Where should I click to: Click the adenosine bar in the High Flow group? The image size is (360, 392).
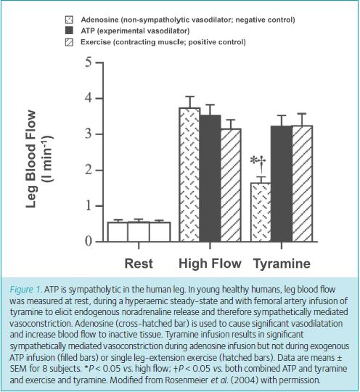pyautogui.click(x=189, y=175)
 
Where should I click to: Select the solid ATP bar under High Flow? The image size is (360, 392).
pyautogui.click(x=210, y=179)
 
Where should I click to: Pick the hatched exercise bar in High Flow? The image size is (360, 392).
pyautogui.click(x=231, y=185)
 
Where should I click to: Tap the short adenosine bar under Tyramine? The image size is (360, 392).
pyautogui.click(x=261, y=212)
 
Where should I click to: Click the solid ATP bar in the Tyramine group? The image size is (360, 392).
pyautogui.click(x=282, y=184)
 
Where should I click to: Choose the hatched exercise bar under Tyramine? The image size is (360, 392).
pyautogui.click(x=302, y=184)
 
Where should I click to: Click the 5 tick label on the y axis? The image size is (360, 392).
pyautogui.click(x=89, y=62)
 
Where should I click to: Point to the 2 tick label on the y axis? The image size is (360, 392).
pyautogui.click(x=89, y=171)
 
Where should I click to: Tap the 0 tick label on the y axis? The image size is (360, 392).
pyautogui.click(x=89, y=242)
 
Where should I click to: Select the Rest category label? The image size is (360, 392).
pyautogui.click(x=139, y=264)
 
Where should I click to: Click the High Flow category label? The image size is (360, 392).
pyautogui.click(x=210, y=264)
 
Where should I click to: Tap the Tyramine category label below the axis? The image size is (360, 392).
pyautogui.click(x=282, y=264)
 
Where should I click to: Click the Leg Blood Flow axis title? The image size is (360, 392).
pyautogui.click(x=31, y=159)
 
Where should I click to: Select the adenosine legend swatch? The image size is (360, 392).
pyautogui.click(x=69, y=20)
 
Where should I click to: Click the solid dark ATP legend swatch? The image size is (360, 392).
pyautogui.click(x=69, y=30)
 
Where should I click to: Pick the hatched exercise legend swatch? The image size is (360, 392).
pyautogui.click(x=69, y=42)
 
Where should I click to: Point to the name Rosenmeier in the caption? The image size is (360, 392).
pyautogui.click(x=187, y=380)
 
